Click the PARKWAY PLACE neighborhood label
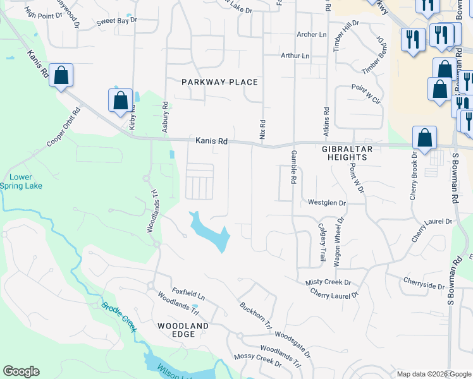[219, 82]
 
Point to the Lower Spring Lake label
[24, 181]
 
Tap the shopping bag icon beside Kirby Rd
[120, 101]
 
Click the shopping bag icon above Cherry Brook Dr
[424, 138]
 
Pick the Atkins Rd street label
[326, 119]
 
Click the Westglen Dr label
[327, 203]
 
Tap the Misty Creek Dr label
[328, 282]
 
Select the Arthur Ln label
[295, 56]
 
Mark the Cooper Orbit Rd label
[64, 128]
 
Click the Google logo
[21, 371]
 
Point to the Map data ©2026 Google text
[433, 374]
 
